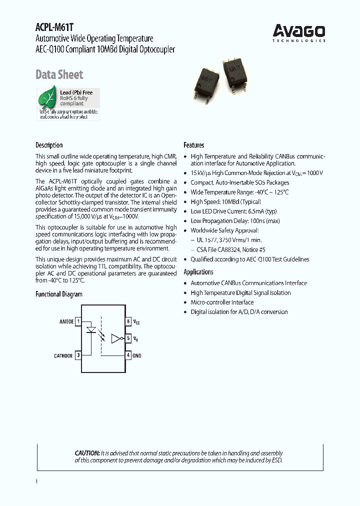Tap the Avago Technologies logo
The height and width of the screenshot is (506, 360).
click(x=299, y=33)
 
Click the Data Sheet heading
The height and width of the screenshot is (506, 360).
click(x=59, y=75)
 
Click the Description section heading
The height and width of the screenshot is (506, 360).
click(x=49, y=145)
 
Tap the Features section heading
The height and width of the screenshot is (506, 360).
click(x=194, y=145)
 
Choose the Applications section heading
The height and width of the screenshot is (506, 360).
click(x=198, y=272)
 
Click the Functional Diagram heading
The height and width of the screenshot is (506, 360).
click(x=59, y=294)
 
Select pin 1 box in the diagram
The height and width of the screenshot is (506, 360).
click(x=78, y=321)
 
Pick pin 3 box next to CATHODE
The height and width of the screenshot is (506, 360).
click(x=78, y=355)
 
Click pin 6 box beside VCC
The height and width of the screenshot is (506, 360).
click(x=128, y=321)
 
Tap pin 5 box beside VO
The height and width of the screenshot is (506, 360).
click(x=128, y=338)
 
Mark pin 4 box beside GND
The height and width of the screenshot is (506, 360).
click(x=128, y=355)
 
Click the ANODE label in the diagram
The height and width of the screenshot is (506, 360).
click(x=66, y=321)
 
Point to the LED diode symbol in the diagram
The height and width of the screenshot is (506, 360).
click(x=92, y=330)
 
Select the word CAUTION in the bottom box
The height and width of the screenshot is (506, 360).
click(x=87, y=453)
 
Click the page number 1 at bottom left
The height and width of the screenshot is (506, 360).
click(x=36, y=481)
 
